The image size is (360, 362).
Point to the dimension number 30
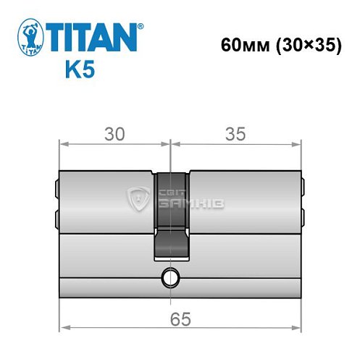coord(114,133)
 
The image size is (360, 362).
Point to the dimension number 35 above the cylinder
coord(235,133)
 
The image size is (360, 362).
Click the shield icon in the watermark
coord(138,197)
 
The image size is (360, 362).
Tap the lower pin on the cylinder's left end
coord(56,216)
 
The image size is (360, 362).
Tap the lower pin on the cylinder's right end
coord(302,216)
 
